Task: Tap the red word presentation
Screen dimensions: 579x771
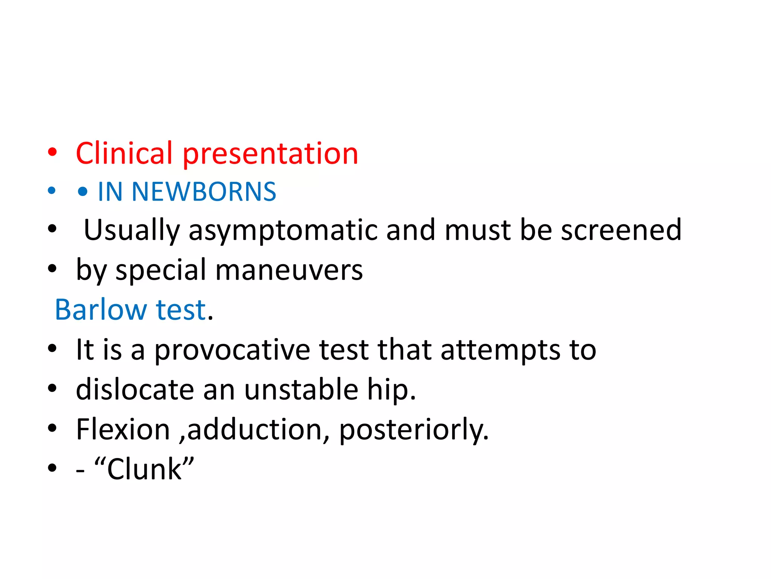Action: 270,154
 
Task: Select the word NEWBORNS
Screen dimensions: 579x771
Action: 204,191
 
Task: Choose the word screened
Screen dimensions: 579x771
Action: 621,230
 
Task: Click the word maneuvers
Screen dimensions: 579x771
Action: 289,270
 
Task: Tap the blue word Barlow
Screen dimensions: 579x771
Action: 101,310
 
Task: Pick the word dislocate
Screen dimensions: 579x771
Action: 135,389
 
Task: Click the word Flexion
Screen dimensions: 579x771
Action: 123,429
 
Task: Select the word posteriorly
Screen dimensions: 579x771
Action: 413,429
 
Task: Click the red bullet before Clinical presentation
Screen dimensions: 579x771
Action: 52,153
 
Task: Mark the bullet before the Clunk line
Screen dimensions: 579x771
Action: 52,469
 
